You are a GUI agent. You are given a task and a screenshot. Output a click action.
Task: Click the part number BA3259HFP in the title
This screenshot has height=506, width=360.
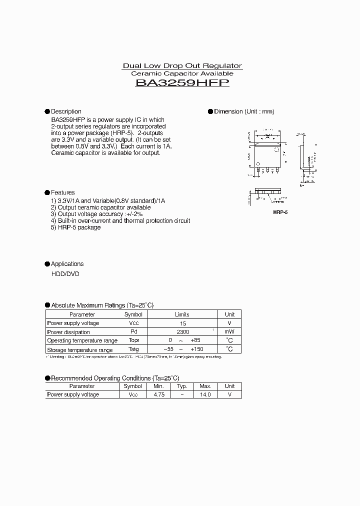click(x=182, y=83)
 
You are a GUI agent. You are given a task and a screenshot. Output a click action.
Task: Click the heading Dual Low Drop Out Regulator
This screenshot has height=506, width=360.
click(x=182, y=66)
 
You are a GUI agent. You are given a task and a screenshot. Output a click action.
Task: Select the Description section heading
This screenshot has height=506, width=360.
click(x=65, y=111)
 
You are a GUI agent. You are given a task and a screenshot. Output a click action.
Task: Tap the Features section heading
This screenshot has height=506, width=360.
click(x=62, y=192)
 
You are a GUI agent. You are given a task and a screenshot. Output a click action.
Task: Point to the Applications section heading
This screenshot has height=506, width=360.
click(x=67, y=264)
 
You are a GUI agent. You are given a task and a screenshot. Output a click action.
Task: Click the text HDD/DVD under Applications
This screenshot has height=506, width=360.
click(x=65, y=274)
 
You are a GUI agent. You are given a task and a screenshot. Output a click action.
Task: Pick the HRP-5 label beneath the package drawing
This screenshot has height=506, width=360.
click(x=280, y=212)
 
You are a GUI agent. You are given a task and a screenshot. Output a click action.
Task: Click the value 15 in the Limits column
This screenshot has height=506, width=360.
click(x=182, y=323)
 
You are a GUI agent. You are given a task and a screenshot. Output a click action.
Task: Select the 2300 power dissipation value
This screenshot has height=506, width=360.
click(x=182, y=332)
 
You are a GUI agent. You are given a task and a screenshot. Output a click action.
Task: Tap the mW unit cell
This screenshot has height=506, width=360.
click(x=229, y=332)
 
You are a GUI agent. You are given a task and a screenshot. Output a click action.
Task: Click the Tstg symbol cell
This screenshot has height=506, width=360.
click(x=133, y=350)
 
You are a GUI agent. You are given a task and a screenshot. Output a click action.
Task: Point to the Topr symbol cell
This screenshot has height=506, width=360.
click(x=133, y=341)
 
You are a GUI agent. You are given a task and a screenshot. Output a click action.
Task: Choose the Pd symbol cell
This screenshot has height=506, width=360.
click(x=133, y=332)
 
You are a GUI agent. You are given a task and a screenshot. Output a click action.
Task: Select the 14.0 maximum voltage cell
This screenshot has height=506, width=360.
click(x=205, y=394)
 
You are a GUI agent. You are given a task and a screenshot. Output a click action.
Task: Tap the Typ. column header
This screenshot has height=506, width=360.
click(x=182, y=386)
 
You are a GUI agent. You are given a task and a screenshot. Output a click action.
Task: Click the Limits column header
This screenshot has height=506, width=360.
click(x=182, y=314)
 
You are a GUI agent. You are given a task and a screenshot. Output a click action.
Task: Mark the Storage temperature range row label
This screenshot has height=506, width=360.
click(x=79, y=350)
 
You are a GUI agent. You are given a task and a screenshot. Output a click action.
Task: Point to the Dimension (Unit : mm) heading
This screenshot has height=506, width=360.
click(x=244, y=111)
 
